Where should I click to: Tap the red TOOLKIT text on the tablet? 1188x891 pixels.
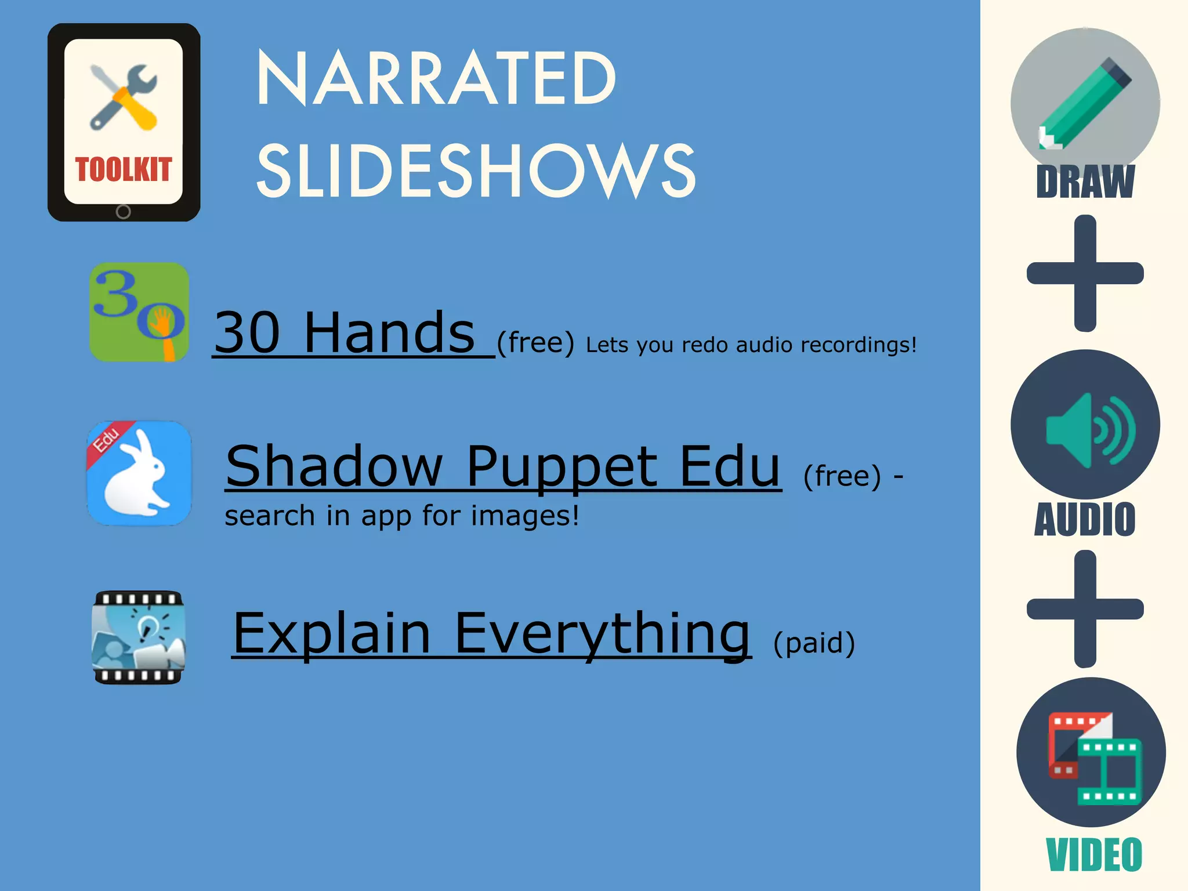coord(124,170)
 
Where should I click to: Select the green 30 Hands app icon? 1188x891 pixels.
coord(139,312)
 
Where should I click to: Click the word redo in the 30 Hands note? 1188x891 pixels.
coord(704,345)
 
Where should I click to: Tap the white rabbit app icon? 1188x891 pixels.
coord(139,473)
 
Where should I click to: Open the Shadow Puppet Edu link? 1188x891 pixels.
coord(503,466)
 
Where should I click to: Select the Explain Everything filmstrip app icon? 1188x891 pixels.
coord(139,637)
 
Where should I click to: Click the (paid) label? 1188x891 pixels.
coord(814,643)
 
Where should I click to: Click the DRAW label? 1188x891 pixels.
coord(1085,182)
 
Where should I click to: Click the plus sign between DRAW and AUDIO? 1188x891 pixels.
coord(1085,273)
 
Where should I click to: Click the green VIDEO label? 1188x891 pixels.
coord(1094,854)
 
